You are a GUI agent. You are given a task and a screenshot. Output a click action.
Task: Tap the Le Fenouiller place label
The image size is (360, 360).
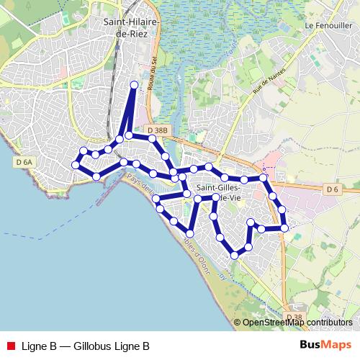coord(326,24)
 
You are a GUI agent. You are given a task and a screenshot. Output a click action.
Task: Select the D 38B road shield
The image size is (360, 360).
coord(160,130)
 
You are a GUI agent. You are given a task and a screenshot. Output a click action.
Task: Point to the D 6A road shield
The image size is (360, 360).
coord(24,163)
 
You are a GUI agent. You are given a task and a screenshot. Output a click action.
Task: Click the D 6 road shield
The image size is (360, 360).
coord(331,189)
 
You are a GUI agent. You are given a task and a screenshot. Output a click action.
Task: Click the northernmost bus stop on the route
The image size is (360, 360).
coord(134,85)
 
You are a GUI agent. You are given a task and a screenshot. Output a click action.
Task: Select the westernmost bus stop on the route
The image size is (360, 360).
coord(75,166)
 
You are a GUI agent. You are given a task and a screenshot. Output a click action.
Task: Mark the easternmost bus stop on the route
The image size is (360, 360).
coord(285,228)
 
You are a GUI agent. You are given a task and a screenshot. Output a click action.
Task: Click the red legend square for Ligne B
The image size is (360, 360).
coord(10,346)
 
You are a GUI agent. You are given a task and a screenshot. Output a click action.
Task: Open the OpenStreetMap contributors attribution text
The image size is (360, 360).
coord(297,323)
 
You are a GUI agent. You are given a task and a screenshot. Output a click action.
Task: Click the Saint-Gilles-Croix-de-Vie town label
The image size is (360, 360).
coord(218,192)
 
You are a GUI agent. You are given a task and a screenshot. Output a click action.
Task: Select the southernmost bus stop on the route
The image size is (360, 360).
coord(235,255)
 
